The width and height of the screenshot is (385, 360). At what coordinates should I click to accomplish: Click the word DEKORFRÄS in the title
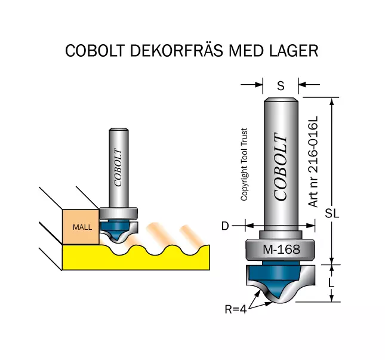(x=176, y=50)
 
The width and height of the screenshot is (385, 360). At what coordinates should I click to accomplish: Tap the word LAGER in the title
(x=294, y=51)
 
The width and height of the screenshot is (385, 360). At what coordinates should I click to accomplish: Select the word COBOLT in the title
(x=95, y=51)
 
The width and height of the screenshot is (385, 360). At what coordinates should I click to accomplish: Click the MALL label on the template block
(x=82, y=227)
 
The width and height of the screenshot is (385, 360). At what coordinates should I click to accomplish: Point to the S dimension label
(x=281, y=86)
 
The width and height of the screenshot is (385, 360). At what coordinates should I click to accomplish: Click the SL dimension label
(x=332, y=213)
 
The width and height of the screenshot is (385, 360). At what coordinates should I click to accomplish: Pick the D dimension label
(x=225, y=226)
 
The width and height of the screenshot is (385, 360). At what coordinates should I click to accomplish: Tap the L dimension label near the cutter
(x=331, y=282)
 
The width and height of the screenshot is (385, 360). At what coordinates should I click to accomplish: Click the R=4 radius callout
(x=236, y=309)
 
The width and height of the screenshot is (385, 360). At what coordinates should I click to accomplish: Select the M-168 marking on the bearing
(x=281, y=250)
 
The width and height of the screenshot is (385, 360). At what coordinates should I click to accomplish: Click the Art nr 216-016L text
(x=313, y=162)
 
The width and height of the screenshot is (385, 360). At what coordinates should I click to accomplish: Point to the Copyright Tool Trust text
(x=244, y=164)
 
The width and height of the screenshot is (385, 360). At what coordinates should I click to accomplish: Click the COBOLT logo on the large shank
(x=281, y=167)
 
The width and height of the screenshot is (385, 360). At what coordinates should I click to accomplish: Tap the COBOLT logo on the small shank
(x=118, y=168)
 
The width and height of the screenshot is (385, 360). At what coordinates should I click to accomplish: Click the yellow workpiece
(x=136, y=259)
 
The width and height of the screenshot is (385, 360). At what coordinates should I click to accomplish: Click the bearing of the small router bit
(x=118, y=213)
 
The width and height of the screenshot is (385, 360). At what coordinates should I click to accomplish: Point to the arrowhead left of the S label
(x=259, y=85)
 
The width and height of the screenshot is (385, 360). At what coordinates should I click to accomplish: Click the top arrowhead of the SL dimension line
(x=332, y=101)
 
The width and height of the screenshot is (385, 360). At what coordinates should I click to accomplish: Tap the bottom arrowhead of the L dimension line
(x=331, y=298)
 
